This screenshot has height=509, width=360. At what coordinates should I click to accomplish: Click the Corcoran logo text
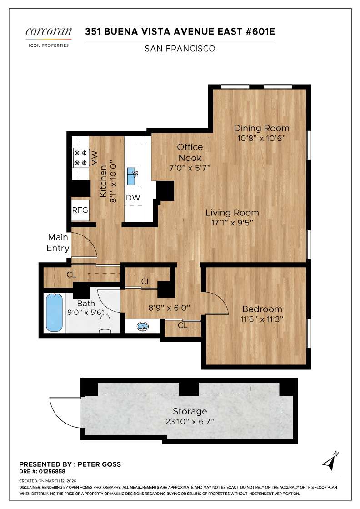[x=48, y=31]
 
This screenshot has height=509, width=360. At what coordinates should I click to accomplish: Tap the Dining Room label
[x=261, y=128]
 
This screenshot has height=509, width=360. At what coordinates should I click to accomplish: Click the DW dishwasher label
[x=133, y=198]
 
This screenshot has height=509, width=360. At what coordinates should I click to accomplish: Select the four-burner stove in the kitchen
[x=80, y=157]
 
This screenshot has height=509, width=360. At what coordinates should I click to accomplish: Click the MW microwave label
[x=95, y=158]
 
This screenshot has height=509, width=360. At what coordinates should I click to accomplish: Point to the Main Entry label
[x=58, y=243]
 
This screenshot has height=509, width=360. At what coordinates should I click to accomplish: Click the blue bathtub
[x=54, y=313]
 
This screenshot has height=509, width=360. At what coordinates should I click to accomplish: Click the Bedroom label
[x=262, y=309]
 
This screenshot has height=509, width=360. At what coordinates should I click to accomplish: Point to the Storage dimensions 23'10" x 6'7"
[x=190, y=421]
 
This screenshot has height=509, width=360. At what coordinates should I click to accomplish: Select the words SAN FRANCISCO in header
[x=180, y=48]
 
